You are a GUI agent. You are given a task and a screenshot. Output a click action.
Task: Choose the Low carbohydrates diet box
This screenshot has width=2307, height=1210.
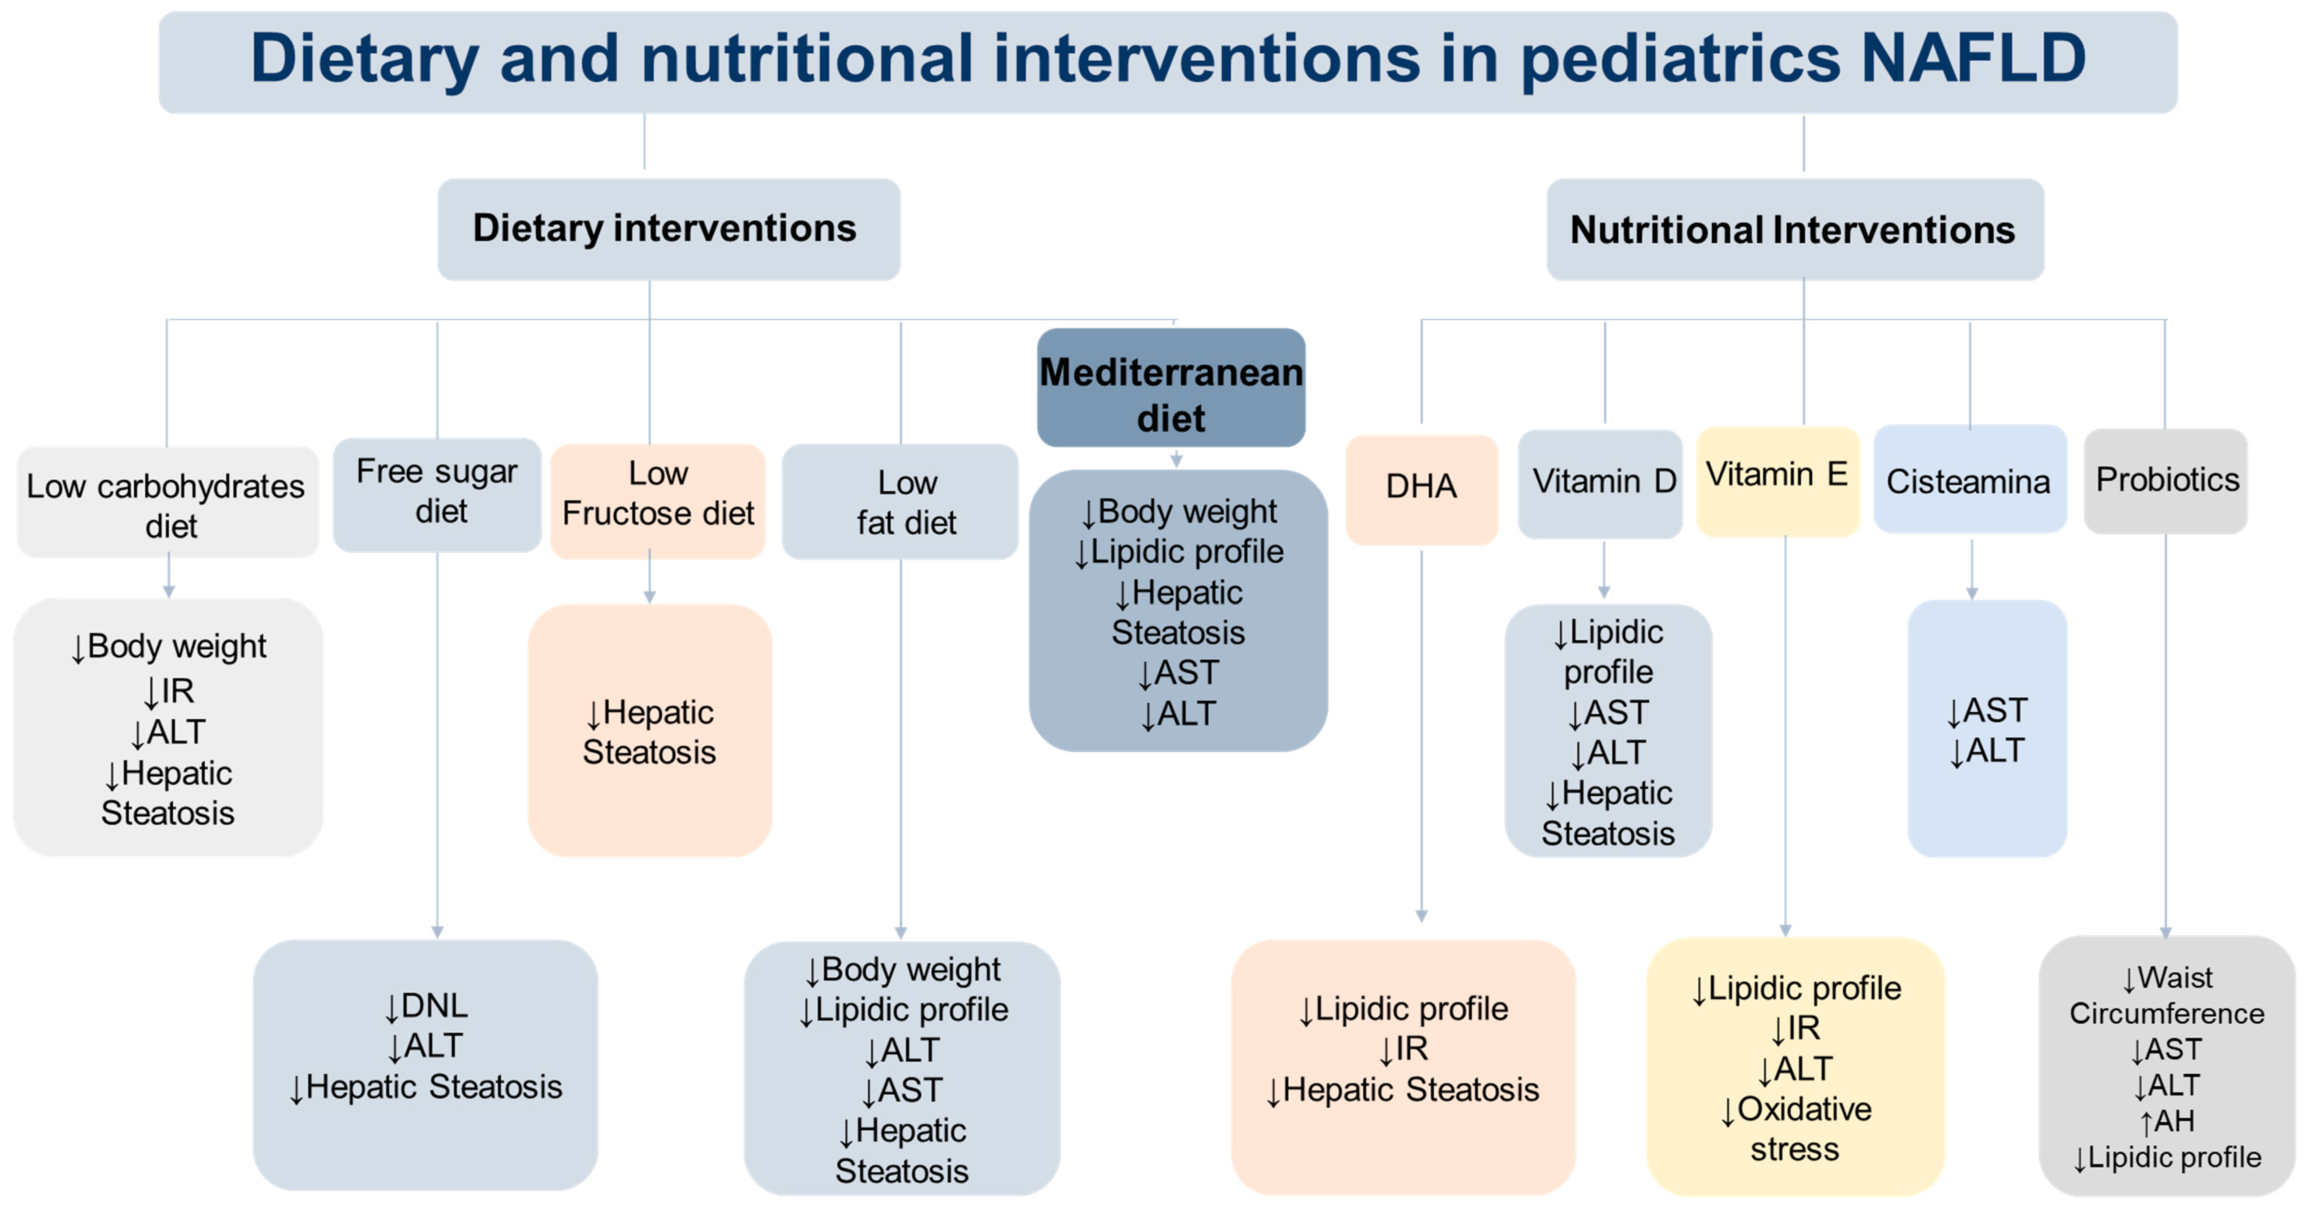point(167,504)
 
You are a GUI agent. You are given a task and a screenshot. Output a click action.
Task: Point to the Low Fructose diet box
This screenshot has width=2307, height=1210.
point(657,500)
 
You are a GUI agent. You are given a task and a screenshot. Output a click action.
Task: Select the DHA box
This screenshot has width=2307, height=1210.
point(1421,488)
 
